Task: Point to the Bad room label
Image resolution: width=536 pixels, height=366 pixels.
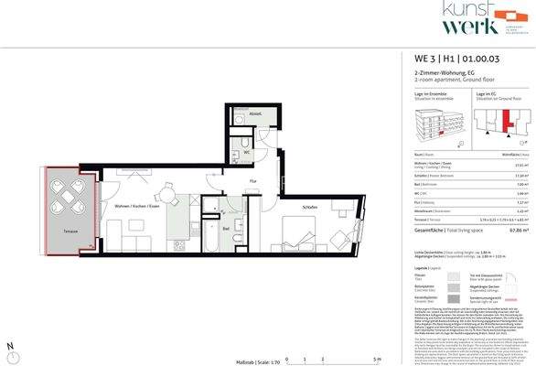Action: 225,229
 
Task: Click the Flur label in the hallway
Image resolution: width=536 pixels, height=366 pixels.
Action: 252,181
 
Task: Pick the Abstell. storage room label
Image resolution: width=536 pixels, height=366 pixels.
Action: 255,114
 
